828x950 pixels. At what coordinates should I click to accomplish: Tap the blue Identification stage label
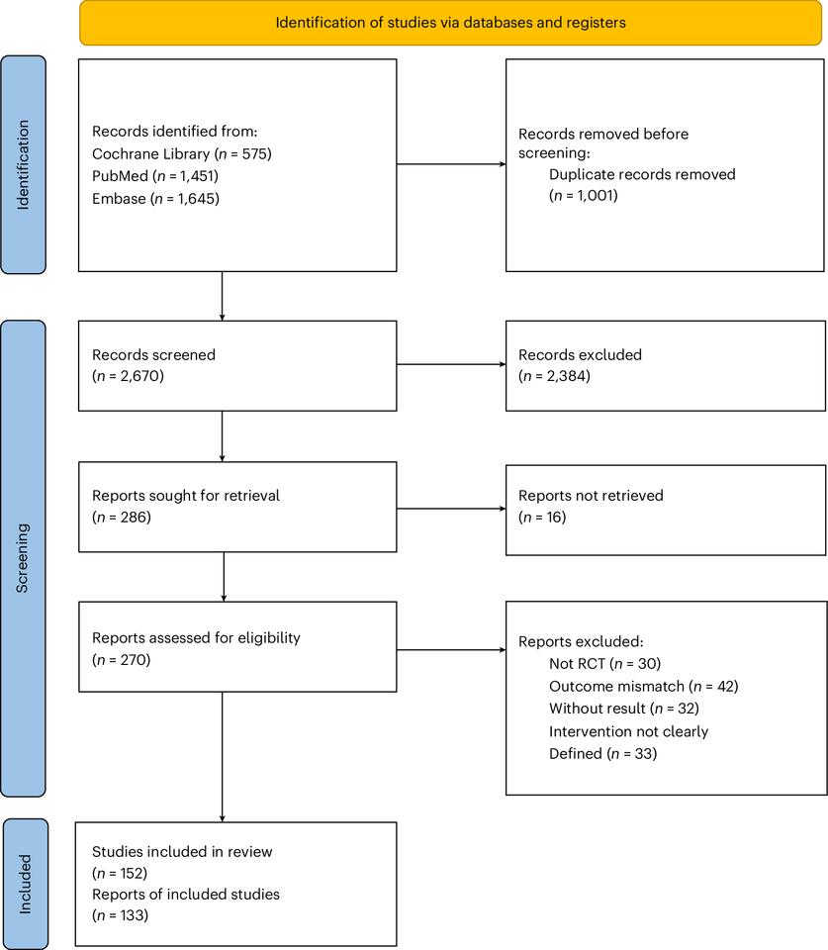(x=24, y=164)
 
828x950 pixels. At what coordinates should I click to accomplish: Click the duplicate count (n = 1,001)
(x=583, y=196)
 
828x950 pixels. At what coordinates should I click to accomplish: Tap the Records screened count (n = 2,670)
(x=128, y=375)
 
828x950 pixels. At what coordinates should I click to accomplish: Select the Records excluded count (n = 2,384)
(x=553, y=375)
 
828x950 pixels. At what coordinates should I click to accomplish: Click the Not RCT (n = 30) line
(x=603, y=662)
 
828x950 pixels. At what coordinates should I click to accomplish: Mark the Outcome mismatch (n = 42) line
(x=643, y=685)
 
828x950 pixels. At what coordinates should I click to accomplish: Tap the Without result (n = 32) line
(x=627, y=708)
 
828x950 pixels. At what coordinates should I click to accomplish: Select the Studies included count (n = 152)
(x=120, y=872)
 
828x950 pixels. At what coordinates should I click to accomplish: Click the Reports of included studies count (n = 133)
(x=119, y=915)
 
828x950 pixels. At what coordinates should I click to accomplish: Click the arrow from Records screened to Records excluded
(x=451, y=365)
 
